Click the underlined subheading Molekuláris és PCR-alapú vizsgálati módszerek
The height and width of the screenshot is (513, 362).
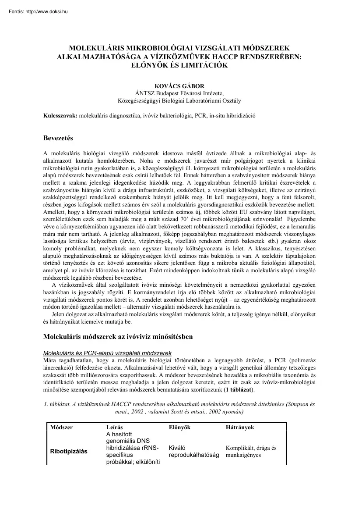pyautogui.click(x=107, y=353)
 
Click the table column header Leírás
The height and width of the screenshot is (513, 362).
pyautogui.click(x=114, y=427)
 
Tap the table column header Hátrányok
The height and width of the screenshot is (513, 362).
pyautogui.click(x=240, y=427)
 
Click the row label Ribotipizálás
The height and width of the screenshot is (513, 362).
pyautogui.click(x=69, y=451)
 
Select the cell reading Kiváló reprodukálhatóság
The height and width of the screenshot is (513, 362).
pyautogui.click(x=193, y=452)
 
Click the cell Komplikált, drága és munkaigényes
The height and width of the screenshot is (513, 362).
pyautogui.click(x=251, y=452)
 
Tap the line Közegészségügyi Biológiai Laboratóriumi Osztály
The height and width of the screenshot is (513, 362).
pyautogui.click(x=179, y=100)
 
